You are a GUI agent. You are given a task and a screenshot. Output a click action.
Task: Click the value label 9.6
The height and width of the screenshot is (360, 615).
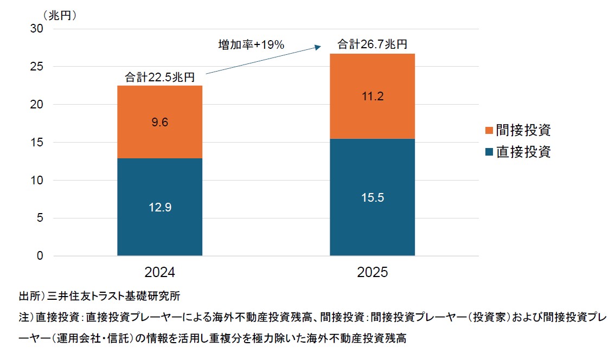pos(159,123)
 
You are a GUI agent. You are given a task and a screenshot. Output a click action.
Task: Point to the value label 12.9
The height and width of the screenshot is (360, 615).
pos(159,207)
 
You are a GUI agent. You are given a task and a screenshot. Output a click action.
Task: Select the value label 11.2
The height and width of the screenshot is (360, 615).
pos(372,97)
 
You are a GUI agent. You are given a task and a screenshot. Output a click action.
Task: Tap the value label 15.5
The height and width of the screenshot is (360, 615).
pos(372,197)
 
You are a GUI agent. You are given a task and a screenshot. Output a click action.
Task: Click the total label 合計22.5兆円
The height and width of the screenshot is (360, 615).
pos(159,77)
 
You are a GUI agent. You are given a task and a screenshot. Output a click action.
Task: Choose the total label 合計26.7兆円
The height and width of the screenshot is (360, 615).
pos(372,45)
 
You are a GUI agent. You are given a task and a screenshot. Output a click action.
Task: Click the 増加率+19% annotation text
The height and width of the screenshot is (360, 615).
pos(251,45)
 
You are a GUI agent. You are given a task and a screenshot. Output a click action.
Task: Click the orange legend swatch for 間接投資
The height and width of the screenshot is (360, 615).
pos(489,131)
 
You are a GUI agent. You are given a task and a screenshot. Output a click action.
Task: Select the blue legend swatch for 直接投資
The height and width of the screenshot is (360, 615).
pos(489,152)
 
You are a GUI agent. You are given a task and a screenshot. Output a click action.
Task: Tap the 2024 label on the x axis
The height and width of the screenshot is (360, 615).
pos(159,272)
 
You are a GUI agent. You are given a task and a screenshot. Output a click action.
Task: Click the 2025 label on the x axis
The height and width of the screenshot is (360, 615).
pos(372,272)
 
